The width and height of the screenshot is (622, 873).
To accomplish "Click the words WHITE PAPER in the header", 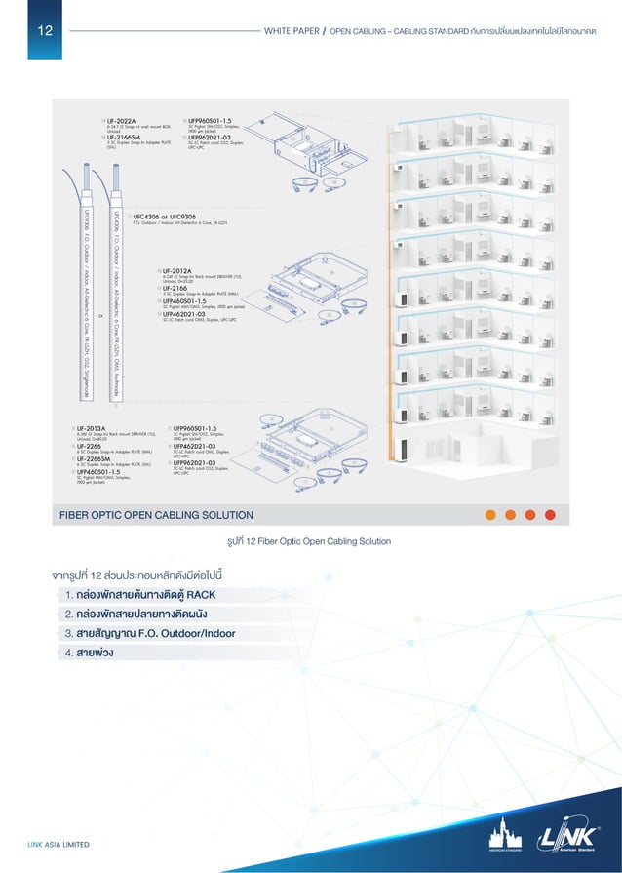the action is click(x=291, y=30).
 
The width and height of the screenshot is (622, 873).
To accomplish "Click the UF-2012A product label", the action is click(x=177, y=270).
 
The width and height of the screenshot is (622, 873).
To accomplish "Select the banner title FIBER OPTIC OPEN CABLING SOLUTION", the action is click(x=157, y=515).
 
